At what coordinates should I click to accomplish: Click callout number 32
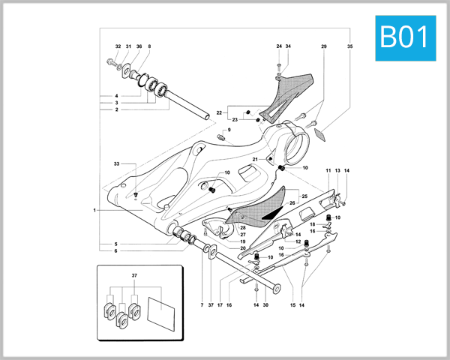coord(118,47)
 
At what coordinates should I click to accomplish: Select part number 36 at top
coord(139,47)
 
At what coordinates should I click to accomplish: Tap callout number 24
coord(279,47)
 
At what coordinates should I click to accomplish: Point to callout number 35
coord(349,47)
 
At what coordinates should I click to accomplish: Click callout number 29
coord(324,47)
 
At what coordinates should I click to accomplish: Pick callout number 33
coord(116,163)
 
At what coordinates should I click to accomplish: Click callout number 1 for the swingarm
coord(95,211)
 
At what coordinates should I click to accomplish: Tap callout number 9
coord(229,130)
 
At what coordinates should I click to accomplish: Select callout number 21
coord(256,159)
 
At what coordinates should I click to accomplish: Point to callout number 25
coord(304,196)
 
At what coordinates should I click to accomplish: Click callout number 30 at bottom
coord(265,305)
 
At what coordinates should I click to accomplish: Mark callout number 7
coord(201,305)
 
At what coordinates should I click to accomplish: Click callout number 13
coord(337,172)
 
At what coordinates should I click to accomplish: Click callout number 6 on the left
coord(116,251)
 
